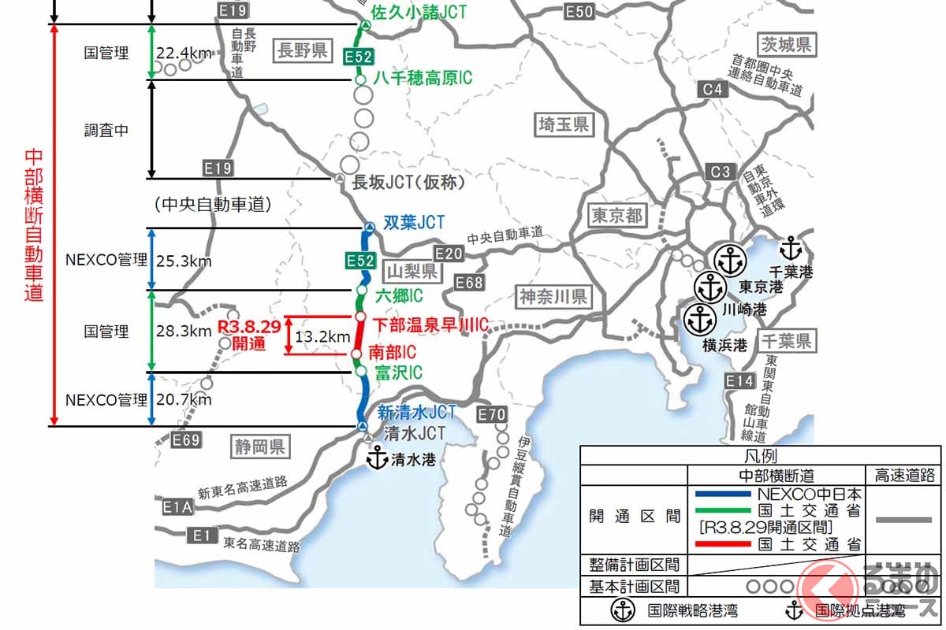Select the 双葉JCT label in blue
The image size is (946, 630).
[413, 224]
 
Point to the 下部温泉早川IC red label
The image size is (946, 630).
[430, 324]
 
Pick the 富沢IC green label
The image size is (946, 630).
[398, 372]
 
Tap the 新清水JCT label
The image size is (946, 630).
[416, 412]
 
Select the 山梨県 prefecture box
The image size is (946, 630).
[412, 272]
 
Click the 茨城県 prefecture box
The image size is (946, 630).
[786, 43]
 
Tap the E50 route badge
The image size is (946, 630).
[579, 11]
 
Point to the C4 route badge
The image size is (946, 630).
[712, 90]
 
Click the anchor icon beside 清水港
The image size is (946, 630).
[378, 458]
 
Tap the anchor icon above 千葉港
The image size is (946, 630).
[791, 249]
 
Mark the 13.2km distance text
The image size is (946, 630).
[322, 337]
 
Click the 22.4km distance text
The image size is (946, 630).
[184, 54]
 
